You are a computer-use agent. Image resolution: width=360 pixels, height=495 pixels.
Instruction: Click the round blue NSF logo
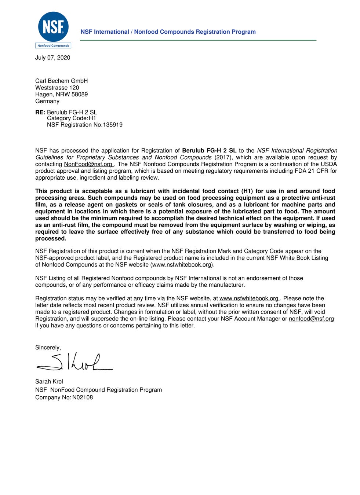point(53,27)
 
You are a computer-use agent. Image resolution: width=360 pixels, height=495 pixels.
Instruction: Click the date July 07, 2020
point(52,58)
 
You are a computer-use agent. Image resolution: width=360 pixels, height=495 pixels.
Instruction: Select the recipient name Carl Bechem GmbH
point(61,81)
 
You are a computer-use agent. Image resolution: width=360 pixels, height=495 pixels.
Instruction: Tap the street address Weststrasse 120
point(57,88)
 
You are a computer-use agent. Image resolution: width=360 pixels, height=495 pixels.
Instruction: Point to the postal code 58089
point(80,94)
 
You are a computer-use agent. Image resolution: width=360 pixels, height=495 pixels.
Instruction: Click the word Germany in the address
point(47,101)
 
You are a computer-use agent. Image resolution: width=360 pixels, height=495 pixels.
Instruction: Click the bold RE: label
point(40,112)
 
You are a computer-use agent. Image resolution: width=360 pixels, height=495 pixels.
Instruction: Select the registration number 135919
point(113,125)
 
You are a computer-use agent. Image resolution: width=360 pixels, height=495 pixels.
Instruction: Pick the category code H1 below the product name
point(92,118)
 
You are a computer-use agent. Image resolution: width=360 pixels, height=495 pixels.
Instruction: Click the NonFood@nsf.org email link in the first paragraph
point(88,164)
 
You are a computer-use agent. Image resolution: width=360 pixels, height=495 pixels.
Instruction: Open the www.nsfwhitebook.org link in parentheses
point(182,265)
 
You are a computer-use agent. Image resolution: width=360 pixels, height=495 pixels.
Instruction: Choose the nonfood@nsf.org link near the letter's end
point(311,319)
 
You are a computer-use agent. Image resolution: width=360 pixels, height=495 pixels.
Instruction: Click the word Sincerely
point(48,348)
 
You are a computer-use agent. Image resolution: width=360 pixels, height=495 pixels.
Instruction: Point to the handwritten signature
point(74,362)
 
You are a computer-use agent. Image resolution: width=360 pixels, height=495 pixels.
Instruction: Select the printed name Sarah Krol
point(49,381)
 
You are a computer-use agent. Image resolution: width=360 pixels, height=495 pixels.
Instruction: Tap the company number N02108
point(83,397)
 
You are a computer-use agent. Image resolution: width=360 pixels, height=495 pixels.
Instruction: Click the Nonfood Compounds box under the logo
point(53,46)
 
